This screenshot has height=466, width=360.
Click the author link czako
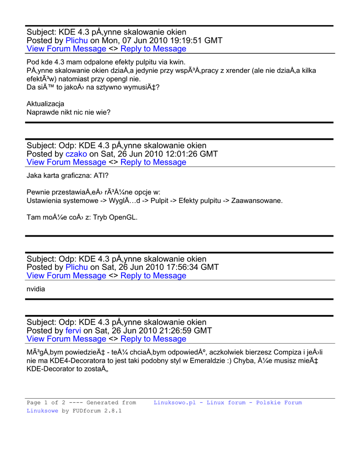pos(76,154)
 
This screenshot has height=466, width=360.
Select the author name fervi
pos(73,330)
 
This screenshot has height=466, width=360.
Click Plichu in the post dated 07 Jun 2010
pos(76,41)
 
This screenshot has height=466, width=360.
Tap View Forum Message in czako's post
pos(66,162)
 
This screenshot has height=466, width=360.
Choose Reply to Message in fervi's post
pos(153,339)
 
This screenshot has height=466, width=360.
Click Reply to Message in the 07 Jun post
pos(153,49)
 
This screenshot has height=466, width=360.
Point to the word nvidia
pos(36,289)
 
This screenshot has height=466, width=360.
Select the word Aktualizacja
pos(45,104)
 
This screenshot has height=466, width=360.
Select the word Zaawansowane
pos(257,200)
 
